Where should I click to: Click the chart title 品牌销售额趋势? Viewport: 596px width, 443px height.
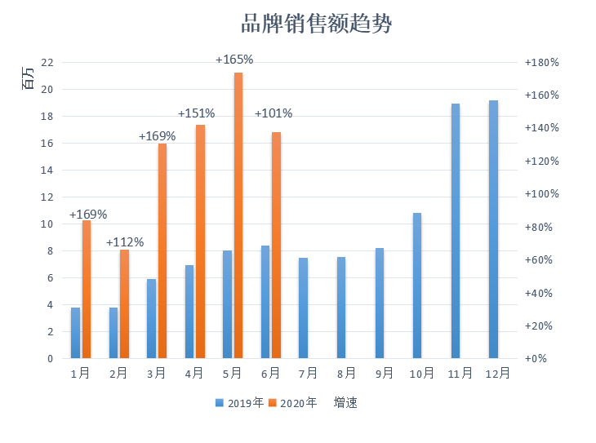(x=317, y=24)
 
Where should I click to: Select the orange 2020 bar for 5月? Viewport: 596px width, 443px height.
(x=238, y=215)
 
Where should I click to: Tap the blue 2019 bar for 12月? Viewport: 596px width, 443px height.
(x=493, y=229)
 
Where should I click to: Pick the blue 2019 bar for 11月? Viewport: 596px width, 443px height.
(x=456, y=231)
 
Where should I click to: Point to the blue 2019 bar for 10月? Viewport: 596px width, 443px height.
(x=417, y=286)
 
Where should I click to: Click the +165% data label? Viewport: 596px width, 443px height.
(x=234, y=60)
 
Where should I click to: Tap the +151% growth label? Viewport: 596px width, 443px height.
(x=197, y=113)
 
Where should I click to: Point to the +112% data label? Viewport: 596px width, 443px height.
(x=125, y=242)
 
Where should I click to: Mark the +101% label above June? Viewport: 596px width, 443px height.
(x=274, y=113)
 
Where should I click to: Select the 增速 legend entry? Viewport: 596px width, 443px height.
(x=345, y=403)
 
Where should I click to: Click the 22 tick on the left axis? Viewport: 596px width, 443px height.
(x=47, y=63)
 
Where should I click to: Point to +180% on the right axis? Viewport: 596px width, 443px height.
(x=541, y=63)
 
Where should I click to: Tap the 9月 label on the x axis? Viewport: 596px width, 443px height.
(x=384, y=374)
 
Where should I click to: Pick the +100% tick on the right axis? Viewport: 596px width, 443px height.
(x=541, y=194)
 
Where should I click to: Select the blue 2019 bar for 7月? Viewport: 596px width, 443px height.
(x=303, y=308)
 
